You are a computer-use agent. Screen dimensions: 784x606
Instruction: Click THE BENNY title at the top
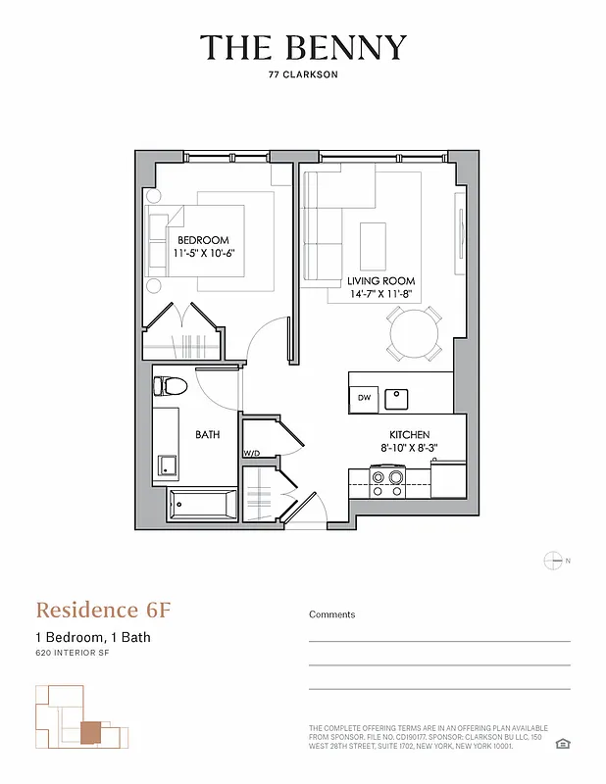coord(303,47)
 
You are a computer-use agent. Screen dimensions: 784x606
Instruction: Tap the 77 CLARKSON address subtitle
coord(303,73)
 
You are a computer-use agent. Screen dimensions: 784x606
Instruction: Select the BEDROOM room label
coord(203,240)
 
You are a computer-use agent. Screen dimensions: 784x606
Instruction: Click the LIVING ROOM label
coord(381,280)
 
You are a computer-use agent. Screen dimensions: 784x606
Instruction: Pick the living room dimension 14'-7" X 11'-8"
coord(381,293)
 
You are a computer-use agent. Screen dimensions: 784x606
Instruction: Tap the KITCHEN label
coord(409,434)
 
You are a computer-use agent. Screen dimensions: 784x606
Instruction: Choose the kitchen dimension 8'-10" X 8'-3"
coord(409,447)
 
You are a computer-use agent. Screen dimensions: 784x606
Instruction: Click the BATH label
coord(207,434)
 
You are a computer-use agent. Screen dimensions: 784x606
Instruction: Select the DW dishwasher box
coord(363,397)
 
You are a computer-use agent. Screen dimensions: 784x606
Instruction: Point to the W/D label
coord(251,454)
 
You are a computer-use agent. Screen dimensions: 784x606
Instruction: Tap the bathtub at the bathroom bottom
coord(203,506)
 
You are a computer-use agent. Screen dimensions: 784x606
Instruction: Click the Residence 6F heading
coord(103,610)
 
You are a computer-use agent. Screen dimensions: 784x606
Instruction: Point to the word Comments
coord(332,614)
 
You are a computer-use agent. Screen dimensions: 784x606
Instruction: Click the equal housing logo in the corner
coord(563,745)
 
